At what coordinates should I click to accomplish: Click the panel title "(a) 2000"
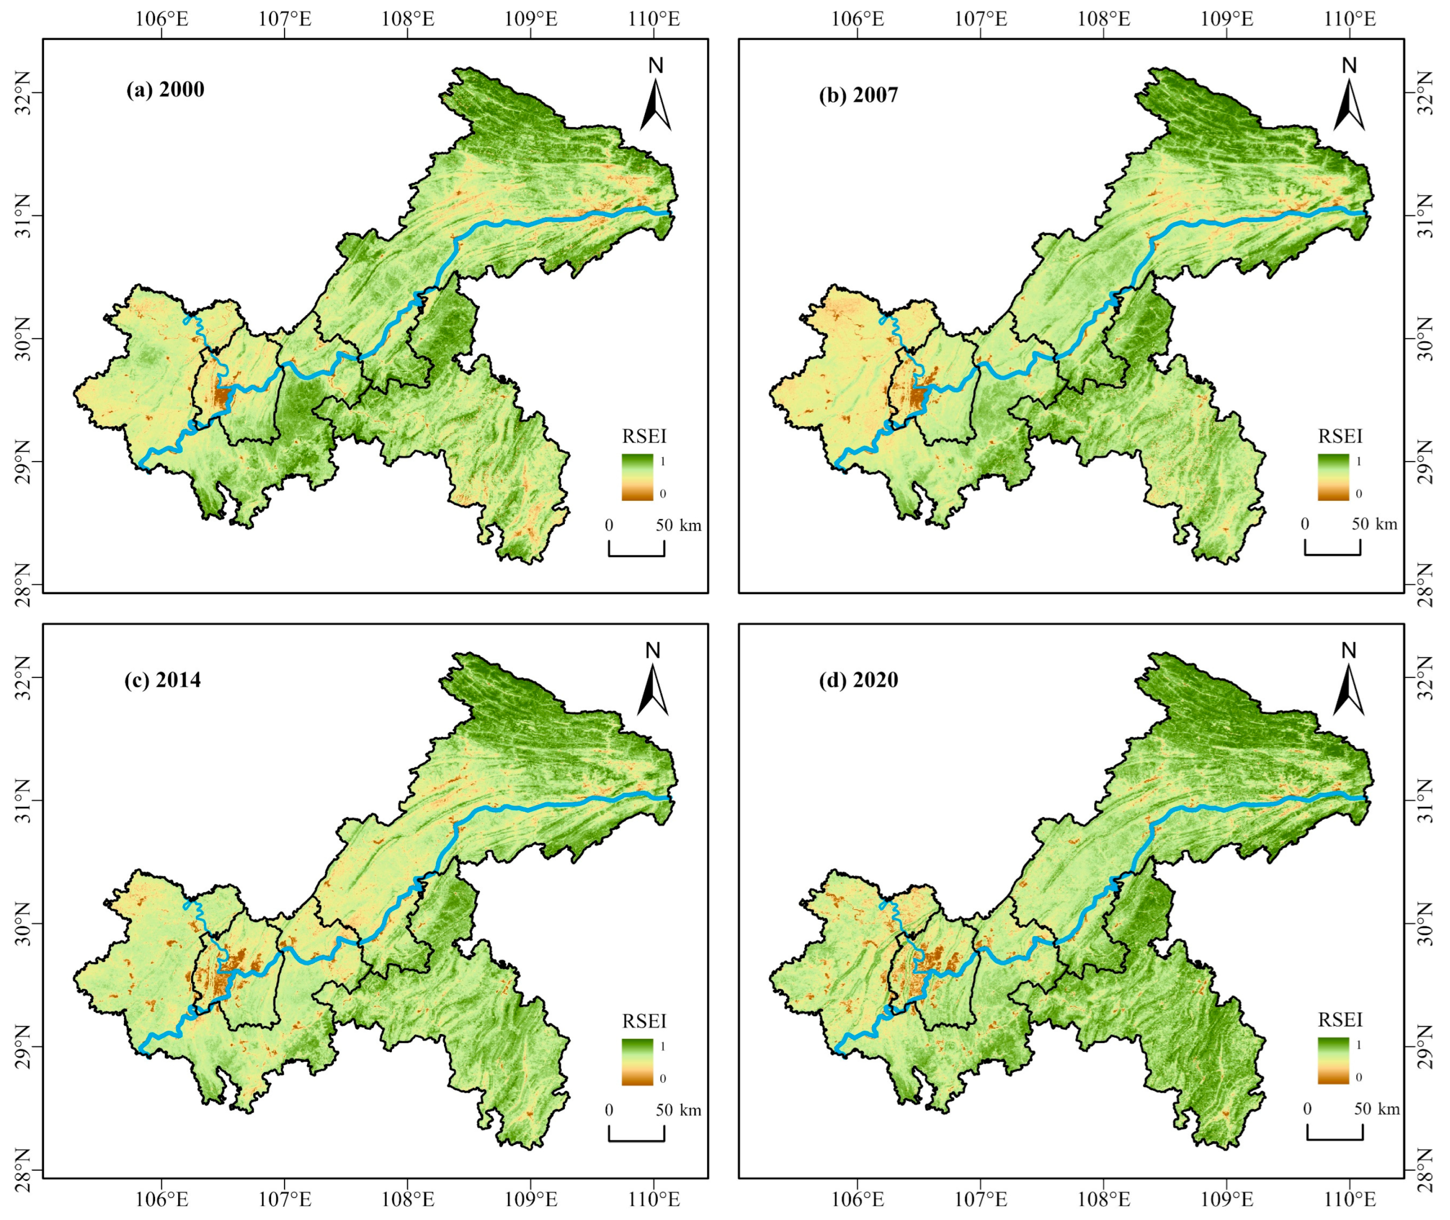coord(165,90)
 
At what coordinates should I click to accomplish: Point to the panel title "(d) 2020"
coord(858,680)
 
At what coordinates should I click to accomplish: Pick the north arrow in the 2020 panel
coord(1348,688)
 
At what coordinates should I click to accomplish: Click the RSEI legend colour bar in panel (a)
coord(637,476)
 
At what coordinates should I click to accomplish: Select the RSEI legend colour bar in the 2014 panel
coord(637,1062)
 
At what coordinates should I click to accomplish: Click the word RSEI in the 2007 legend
coord(1340,436)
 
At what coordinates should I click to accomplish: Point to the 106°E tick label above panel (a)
coord(162,19)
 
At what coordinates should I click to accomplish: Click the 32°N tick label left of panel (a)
coord(21,93)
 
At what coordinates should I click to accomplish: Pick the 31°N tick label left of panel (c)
coord(21,801)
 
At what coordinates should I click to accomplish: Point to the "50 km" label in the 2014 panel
coord(678,1110)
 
